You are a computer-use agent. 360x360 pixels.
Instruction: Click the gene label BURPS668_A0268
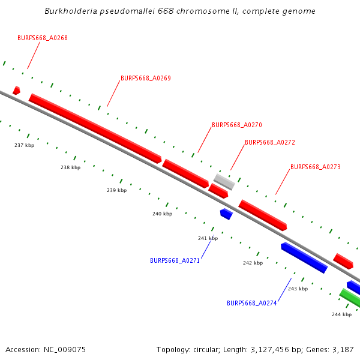pos(43,38)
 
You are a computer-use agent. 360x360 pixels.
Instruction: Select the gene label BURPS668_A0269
pos(146,78)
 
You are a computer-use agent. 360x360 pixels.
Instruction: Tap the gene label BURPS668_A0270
pos(237,125)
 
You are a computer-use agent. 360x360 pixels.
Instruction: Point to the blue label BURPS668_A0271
pos(175,260)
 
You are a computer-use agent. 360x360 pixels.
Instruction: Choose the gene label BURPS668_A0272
pos(270,143)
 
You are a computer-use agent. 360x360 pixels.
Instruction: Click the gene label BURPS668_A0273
pos(316,167)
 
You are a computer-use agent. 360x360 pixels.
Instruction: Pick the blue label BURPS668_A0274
pos(251,303)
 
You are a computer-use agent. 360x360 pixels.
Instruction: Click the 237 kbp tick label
pos(25,145)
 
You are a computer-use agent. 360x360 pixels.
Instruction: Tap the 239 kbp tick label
pos(117,190)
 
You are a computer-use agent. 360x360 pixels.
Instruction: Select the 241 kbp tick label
pos(208,238)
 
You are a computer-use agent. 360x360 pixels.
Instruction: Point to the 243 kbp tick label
pos(298,289)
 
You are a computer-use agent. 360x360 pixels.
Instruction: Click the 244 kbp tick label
pos(342,314)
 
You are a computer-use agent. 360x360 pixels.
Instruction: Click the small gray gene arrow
pos(224,181)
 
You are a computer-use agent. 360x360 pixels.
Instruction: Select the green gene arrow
pos(350,298)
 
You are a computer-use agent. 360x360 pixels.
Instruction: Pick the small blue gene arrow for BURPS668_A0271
pos(226,213)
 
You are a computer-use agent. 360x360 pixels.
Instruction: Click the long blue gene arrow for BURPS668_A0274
pos(304,258)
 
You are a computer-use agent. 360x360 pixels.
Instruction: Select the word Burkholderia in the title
pos(70,11)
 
